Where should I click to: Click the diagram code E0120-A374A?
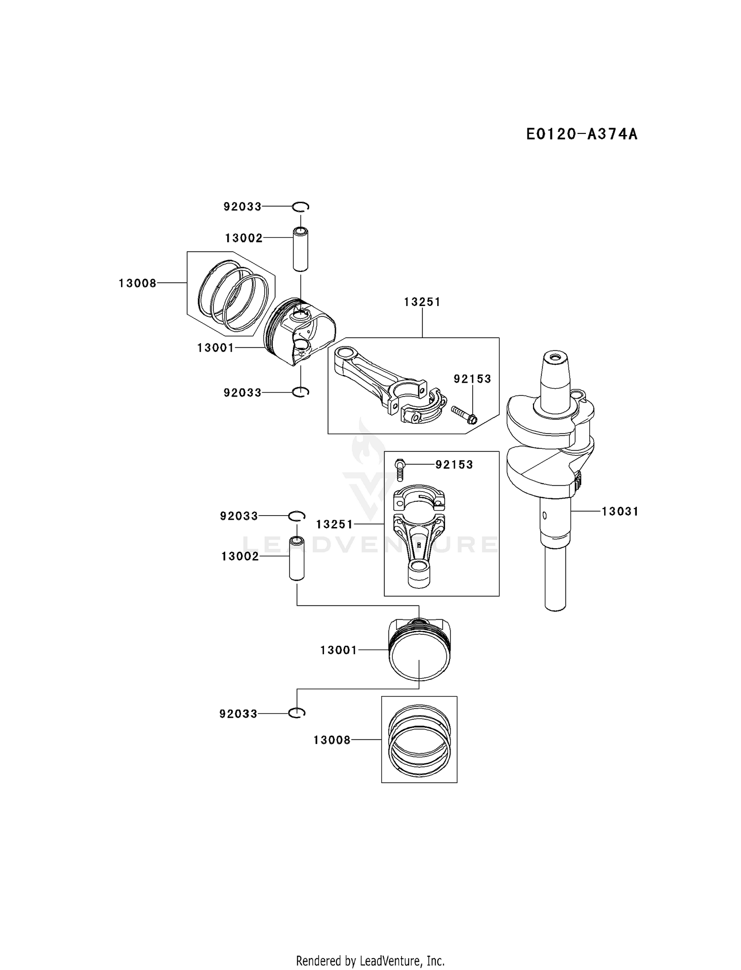pyautogui.click(x=581, y=134)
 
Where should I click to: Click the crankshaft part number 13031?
pyautogui.click(x=620, y=511)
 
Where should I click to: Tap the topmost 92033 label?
pyautogui.click(x=242, y=207)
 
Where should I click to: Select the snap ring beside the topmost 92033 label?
pyautogui.click(x=300, y=207)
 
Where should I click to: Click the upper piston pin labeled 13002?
pyautogui.click(x=300, y=249)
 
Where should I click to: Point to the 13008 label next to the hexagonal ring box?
pyautogui.click(x=137, y=283)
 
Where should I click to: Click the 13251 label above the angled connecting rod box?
pyautogui.click(x=422, y=302)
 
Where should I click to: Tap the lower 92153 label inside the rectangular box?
pyautogui.click(x=454, y=465)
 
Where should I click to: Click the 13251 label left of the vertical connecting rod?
pyautogui.click(x=334, y=524)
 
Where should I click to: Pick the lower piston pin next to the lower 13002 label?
pyautogui.click(x=297, y=559)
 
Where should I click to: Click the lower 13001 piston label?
pyautogui.click(x=338, y=650)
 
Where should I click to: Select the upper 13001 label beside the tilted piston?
pyautogui.click(x=215, y=348)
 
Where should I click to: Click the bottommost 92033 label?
pyautogui.click(x=238, y=714)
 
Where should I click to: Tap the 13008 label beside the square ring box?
pyautogui.click(x=331, y=740)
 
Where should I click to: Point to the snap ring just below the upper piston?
pyautogui.click(x=300, y=392)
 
